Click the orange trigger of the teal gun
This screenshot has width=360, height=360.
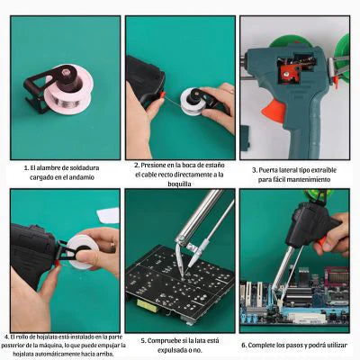coord(274,111)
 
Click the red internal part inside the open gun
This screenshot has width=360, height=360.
coord(287,73)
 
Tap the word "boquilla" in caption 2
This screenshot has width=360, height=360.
coord(179,184)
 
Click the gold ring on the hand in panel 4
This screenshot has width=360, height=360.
coord(112,246)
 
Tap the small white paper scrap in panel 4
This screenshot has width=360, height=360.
coord(108,215)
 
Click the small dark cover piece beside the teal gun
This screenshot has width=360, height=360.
coord(245,137)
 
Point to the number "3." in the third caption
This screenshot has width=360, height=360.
coord(255,170)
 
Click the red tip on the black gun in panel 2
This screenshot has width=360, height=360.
coord(162,94)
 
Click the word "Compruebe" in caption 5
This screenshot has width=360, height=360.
coord(166,341)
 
